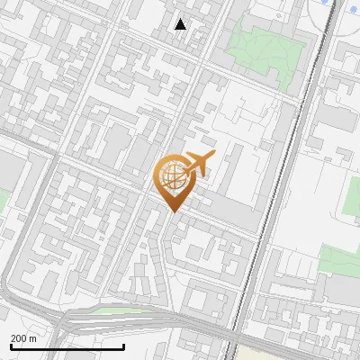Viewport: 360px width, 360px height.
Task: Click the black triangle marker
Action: click(x=181, y=24)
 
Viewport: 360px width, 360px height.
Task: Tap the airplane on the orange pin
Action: click(x=198, y=164)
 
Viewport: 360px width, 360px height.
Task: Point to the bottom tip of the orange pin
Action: click(x=171, y=212)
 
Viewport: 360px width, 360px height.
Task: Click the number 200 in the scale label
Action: click(x=20, y=338)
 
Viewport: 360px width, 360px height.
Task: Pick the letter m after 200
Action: click(x=33, y=338)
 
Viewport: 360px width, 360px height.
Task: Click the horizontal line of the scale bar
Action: click(x=67, y=346)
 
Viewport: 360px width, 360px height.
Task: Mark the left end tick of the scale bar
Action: click(x=10, y=346)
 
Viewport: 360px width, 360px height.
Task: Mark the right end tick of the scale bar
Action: click(x=123, y=346)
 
